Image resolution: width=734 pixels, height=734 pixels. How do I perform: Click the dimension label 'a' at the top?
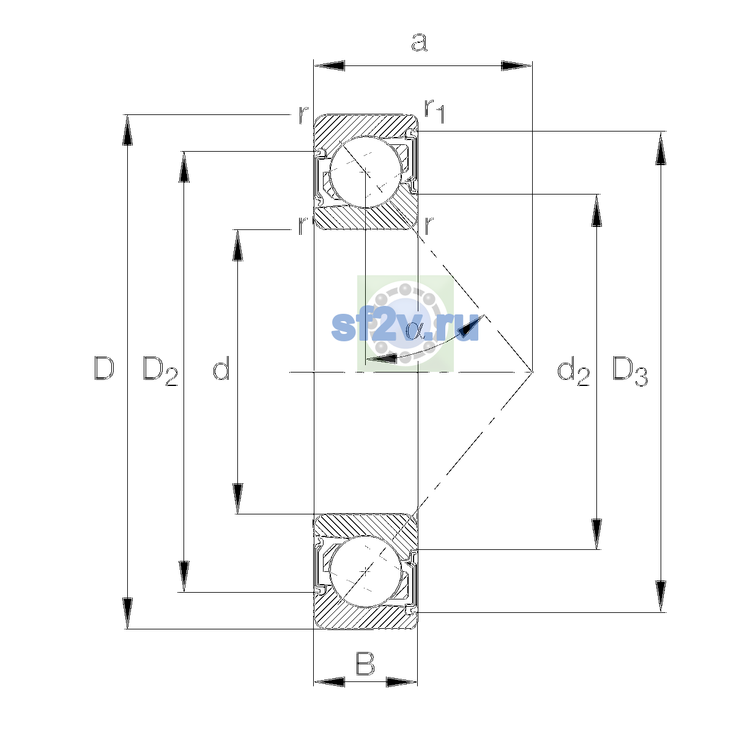click(420, 42)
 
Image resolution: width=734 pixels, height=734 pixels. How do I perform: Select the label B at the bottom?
click(365, 663)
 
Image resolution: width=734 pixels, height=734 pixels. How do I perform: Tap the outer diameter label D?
click(104, 368)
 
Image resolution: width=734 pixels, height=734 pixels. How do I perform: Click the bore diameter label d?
click(221, 368)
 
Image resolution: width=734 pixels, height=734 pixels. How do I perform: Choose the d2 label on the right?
click(573, 371)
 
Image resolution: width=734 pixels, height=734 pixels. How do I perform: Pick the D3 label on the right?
click(630, 371)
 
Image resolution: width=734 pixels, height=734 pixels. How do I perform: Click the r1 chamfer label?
click(435, 111)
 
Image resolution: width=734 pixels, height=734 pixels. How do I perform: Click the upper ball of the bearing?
click(366, 172)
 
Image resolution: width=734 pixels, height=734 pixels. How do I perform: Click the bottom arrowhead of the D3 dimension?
click(661, 596)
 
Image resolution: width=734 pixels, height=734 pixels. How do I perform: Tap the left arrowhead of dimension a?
click(329, 65)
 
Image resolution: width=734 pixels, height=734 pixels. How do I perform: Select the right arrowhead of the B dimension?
click(402, 682)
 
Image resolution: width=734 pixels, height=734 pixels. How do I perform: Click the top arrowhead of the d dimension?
click(238, 245)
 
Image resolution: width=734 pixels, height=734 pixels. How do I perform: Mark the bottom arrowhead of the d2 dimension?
click(596, 534)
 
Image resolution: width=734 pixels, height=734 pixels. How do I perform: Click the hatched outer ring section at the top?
click(366, 126)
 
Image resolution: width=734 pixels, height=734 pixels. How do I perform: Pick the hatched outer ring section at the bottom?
click(366, 618)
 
